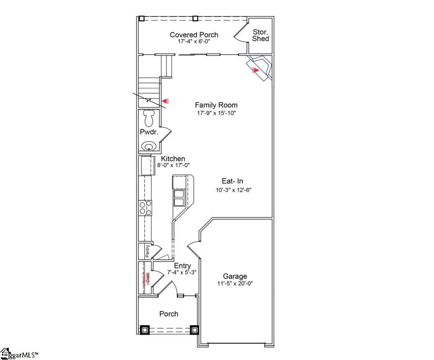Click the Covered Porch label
pyautogui.click(x=194, y=35)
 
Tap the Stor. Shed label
pyautogui.click(x=260, y=35)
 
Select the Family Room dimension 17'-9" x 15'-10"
pyautogui.click(x=217, y=113)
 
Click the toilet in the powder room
pyautogui.click(x=149, y=118)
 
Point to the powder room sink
pyautogui.click(x=148, y=147)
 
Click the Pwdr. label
pyautogui.click(x=148, y=132)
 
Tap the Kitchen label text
pyautogui.click(x=173, y=159)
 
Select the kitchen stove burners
pyautogui.click(x=145, y=208)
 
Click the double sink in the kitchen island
pyautogui.click(x=179, y=198)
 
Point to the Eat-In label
pyautogui.click(x=232, y=181)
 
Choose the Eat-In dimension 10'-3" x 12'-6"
pyautogui.click(x=233, y=190)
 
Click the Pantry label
pyautogui.click(x=147, y=251)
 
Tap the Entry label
pyautogui.click(x=182, y=266)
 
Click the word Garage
pyautogui.click(x=235, y=276)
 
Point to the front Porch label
pyautogui.click(x=169, y=314)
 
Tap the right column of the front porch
pyautogui.click(x=194, y=329)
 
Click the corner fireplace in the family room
pyautogui.click(x=259, y=67)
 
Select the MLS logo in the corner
pyautogui.click(x=19, y=354)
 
